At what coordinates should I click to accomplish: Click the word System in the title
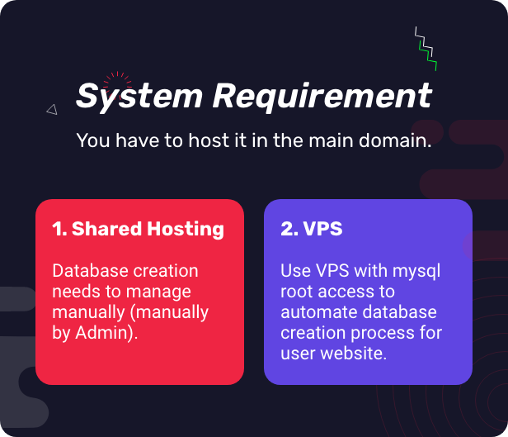139,96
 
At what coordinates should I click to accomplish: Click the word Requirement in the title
322,96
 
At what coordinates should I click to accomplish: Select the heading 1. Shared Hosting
138,229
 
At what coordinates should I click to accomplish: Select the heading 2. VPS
311,229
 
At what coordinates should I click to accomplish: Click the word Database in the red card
89,271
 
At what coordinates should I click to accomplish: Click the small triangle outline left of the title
52,109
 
